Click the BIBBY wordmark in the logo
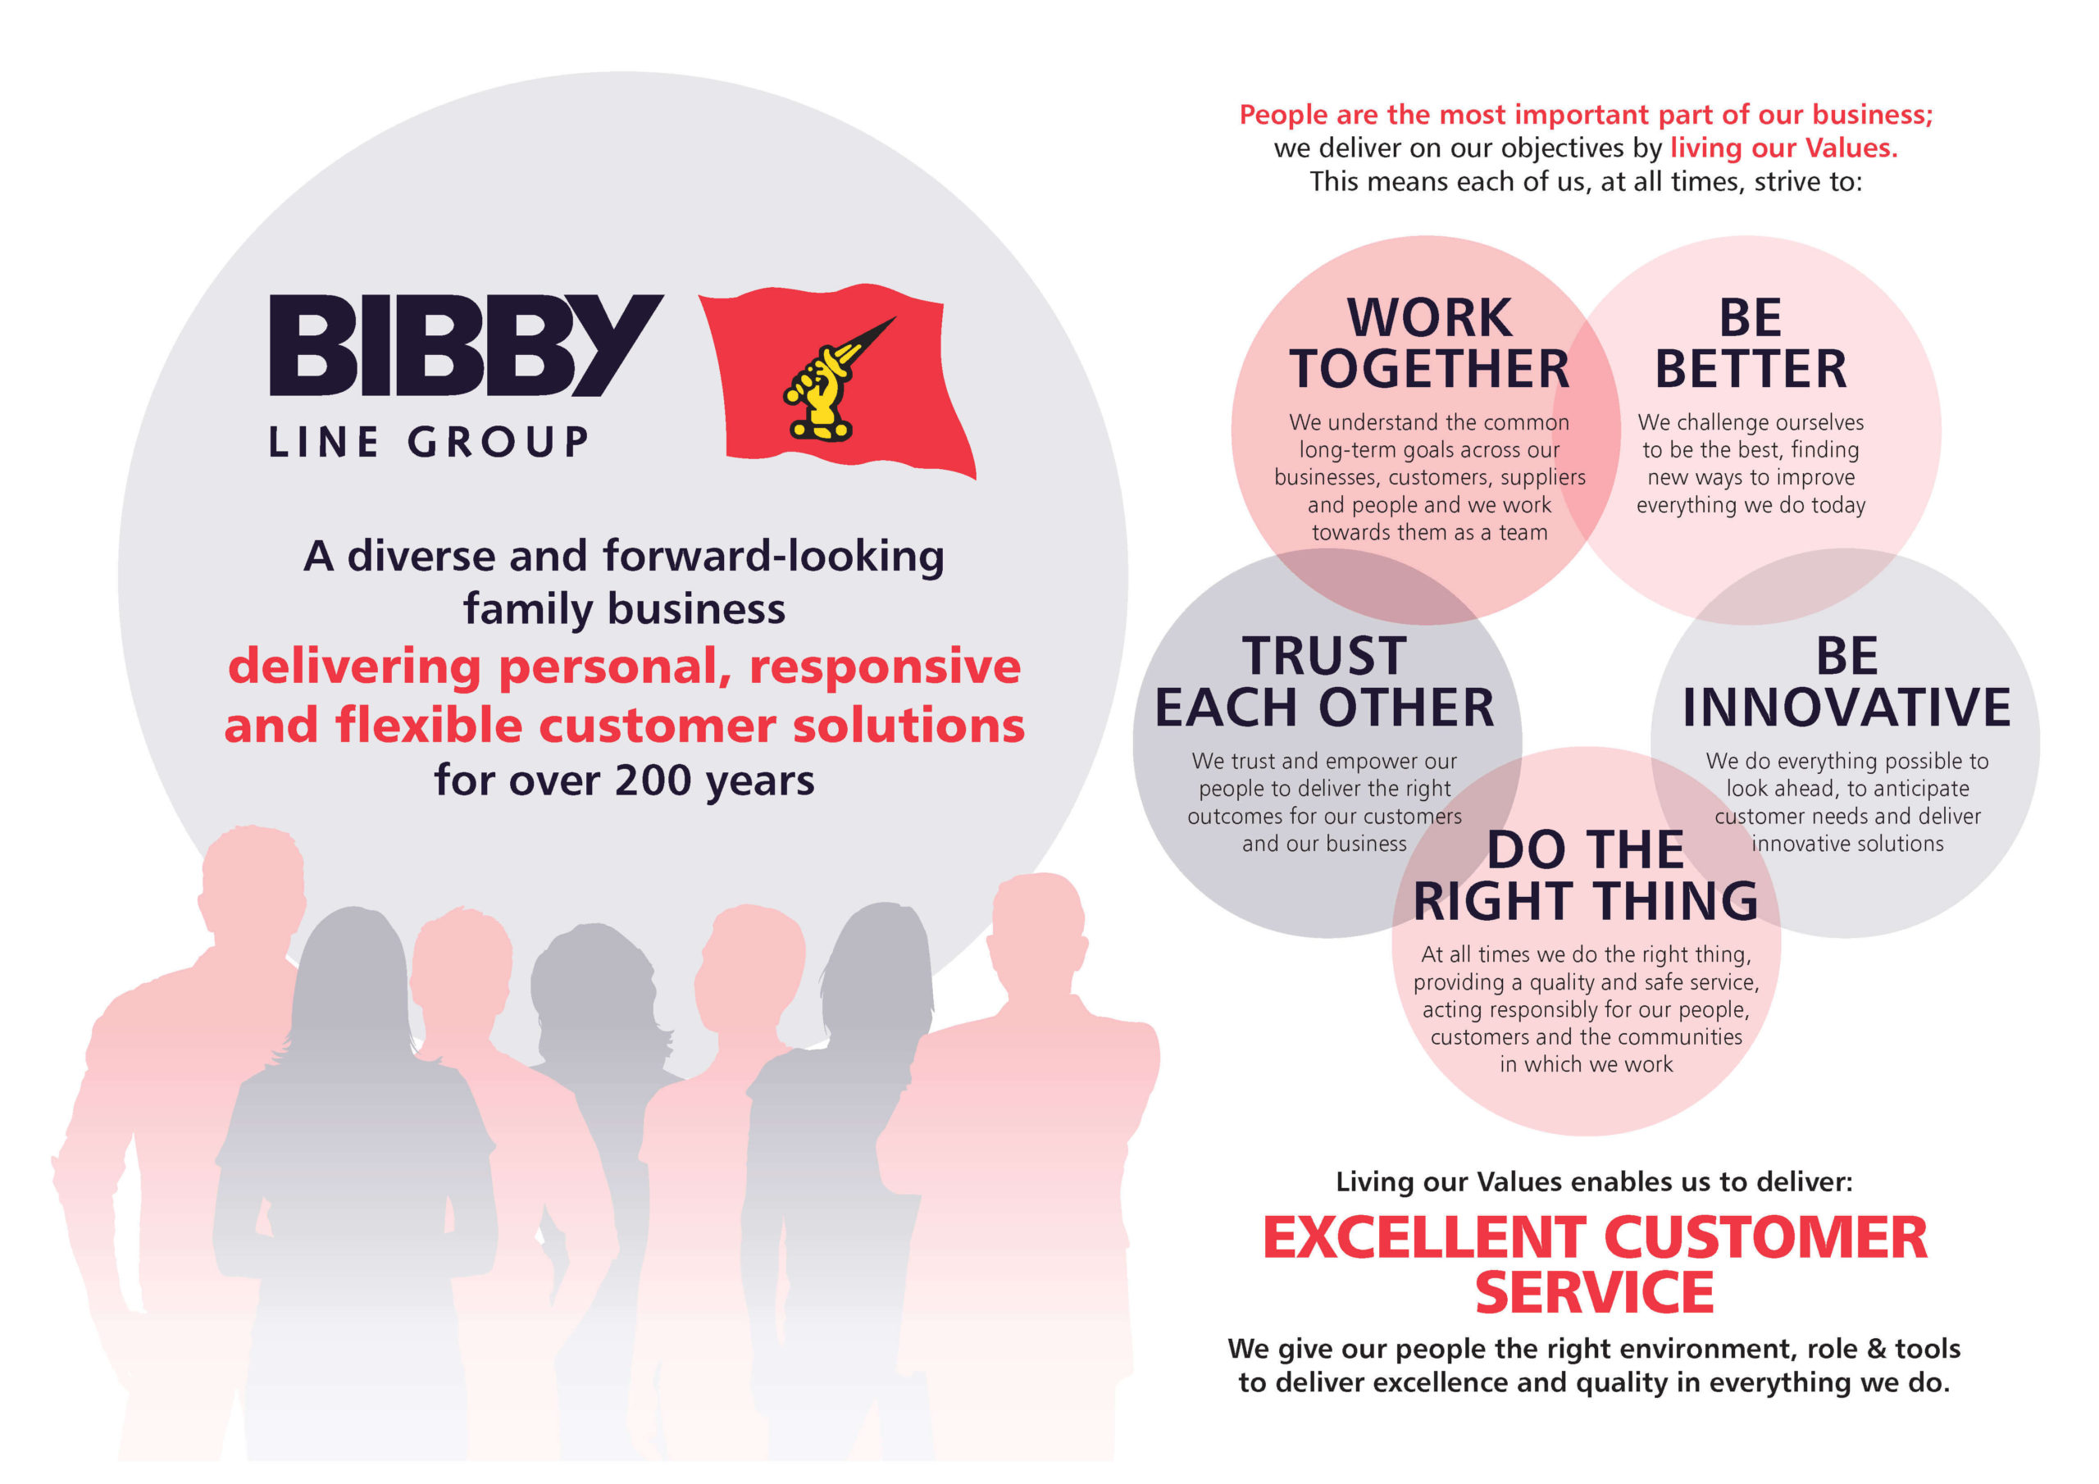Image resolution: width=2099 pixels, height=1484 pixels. click(466, 346)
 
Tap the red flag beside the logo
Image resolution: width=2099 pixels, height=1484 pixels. click(836, 380)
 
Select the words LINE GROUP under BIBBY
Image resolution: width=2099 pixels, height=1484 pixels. click(429, 443)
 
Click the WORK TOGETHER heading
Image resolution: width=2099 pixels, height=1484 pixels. click(1429, 344)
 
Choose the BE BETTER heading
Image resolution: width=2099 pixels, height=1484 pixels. click(1750, 344)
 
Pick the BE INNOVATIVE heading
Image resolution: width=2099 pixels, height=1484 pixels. click(1846, 682)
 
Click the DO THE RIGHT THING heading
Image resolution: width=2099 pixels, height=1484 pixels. click(1585, 876)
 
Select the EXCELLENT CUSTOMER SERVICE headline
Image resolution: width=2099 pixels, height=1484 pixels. click(1595, 1264)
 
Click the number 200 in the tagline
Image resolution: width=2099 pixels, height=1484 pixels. click(652, 780)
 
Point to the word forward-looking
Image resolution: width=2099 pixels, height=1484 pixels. click(773, 556)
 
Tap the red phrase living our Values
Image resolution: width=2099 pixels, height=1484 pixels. click(1783, 148)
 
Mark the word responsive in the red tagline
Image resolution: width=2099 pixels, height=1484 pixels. click(884, 667)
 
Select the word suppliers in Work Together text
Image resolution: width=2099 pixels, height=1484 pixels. click(1544, 477)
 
